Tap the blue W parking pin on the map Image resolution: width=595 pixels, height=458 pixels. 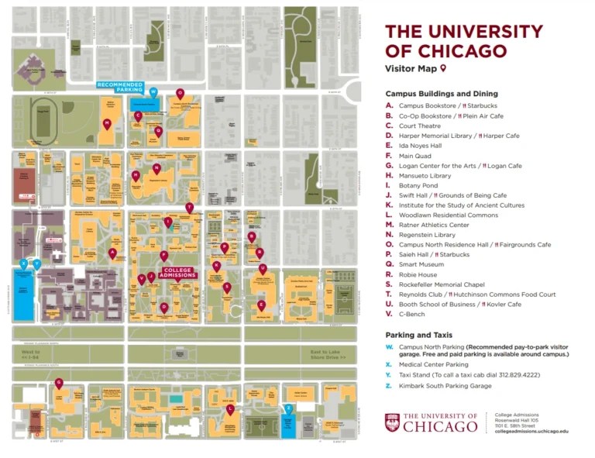coord(153,91)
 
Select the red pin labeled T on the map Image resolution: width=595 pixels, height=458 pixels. coord(189,207)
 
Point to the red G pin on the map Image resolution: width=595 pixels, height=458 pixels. coord(58,383)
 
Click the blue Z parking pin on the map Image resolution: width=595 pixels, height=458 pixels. coord(288,408)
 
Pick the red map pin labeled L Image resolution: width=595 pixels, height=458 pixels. coord(230,408)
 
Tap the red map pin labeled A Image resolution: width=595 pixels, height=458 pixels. coord(112,253)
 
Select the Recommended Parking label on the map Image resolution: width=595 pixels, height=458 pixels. coord(119,86)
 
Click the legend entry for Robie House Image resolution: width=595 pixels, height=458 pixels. coord(418,274)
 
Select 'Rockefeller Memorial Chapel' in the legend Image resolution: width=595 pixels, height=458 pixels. coord(441,284)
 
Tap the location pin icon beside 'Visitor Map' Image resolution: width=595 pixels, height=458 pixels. coord(444,69)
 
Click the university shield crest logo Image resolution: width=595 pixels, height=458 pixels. coord(393,422)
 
